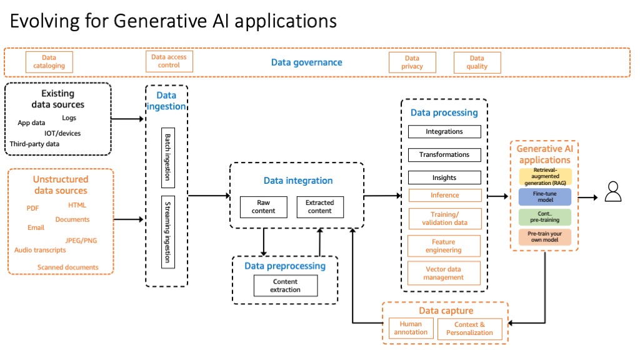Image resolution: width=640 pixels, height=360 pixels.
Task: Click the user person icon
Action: tap(613, 191)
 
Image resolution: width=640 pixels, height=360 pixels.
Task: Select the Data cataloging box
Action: tap(49, 62)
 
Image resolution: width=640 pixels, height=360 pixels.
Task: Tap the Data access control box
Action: tap(169, 61)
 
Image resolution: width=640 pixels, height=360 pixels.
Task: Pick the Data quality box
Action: tap(477, 62)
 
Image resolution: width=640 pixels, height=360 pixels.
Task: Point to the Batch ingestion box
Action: tap(167, 157)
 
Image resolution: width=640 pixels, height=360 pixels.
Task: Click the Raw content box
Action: tap(263, 207)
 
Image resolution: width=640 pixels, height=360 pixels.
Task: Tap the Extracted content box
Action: tap(319, 207)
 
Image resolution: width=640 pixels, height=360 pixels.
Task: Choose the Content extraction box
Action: tap(285, 286)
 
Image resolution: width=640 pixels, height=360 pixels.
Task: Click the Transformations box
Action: tap(444, 154)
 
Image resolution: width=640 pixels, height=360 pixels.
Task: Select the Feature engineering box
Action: tap(444, 246)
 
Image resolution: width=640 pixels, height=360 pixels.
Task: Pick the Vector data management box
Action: tap(444, 273)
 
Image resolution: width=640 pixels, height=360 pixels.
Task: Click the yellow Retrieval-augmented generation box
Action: tap(544, 176)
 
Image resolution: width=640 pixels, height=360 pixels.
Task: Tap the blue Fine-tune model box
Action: tap(544, 197)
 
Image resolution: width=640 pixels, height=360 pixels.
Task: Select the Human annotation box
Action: tap(411, 328)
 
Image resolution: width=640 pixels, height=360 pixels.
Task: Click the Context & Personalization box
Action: tap(469, 329)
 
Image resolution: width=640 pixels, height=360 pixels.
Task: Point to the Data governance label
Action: tap(306, 62)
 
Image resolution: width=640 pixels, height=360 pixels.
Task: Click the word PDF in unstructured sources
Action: tap(32, 208)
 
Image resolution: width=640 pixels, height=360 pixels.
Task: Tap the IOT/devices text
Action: tap(62, 133)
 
